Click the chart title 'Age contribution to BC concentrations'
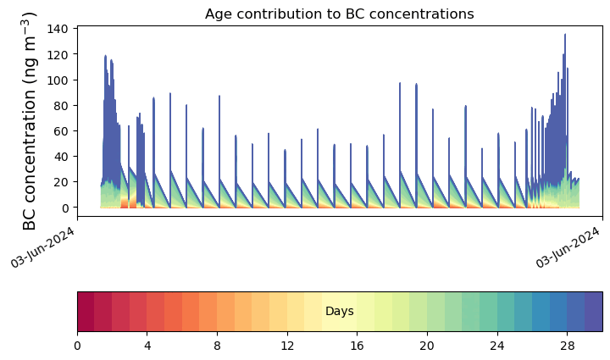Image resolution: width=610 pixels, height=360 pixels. (339, 14)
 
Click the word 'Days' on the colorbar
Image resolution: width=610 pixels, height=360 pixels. (339, 312)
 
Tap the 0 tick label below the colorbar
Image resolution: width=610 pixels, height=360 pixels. (77, 346)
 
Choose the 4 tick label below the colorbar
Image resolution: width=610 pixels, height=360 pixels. (147, 346)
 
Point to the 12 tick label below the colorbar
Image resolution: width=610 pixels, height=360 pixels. (287, 346)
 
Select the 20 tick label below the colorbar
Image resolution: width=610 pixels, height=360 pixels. (427, 346)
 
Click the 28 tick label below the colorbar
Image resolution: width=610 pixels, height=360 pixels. (567, 346)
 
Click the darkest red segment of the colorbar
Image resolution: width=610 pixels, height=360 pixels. (86, 312)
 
